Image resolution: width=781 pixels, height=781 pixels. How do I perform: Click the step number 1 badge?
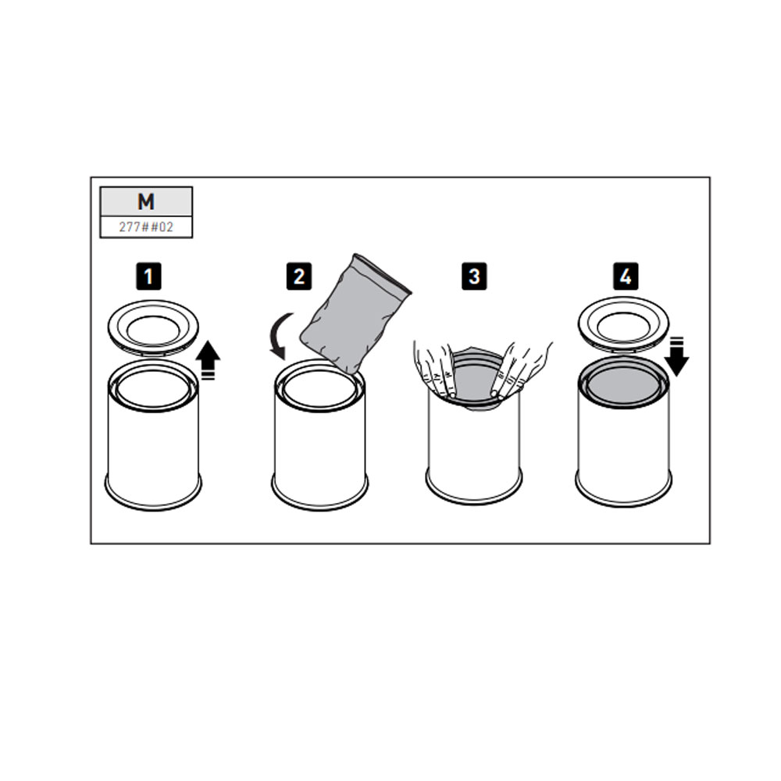(x=148, y=276)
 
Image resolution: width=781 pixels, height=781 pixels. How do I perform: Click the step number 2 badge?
(x=299, y=276)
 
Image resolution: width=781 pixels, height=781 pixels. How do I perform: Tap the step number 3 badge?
(x=474, y=276)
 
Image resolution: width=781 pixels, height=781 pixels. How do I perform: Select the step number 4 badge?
(x=626, y=276)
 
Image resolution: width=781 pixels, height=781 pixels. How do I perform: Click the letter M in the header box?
(x=146, y=201)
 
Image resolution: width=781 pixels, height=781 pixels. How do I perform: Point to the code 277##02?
(x=146, y=227)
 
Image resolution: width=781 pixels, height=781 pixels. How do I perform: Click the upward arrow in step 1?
(x=208, y=359)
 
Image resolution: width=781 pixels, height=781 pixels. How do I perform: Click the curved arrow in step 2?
(x=281, y=335)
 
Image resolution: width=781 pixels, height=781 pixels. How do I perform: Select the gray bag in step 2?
(x=355, y=314)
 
